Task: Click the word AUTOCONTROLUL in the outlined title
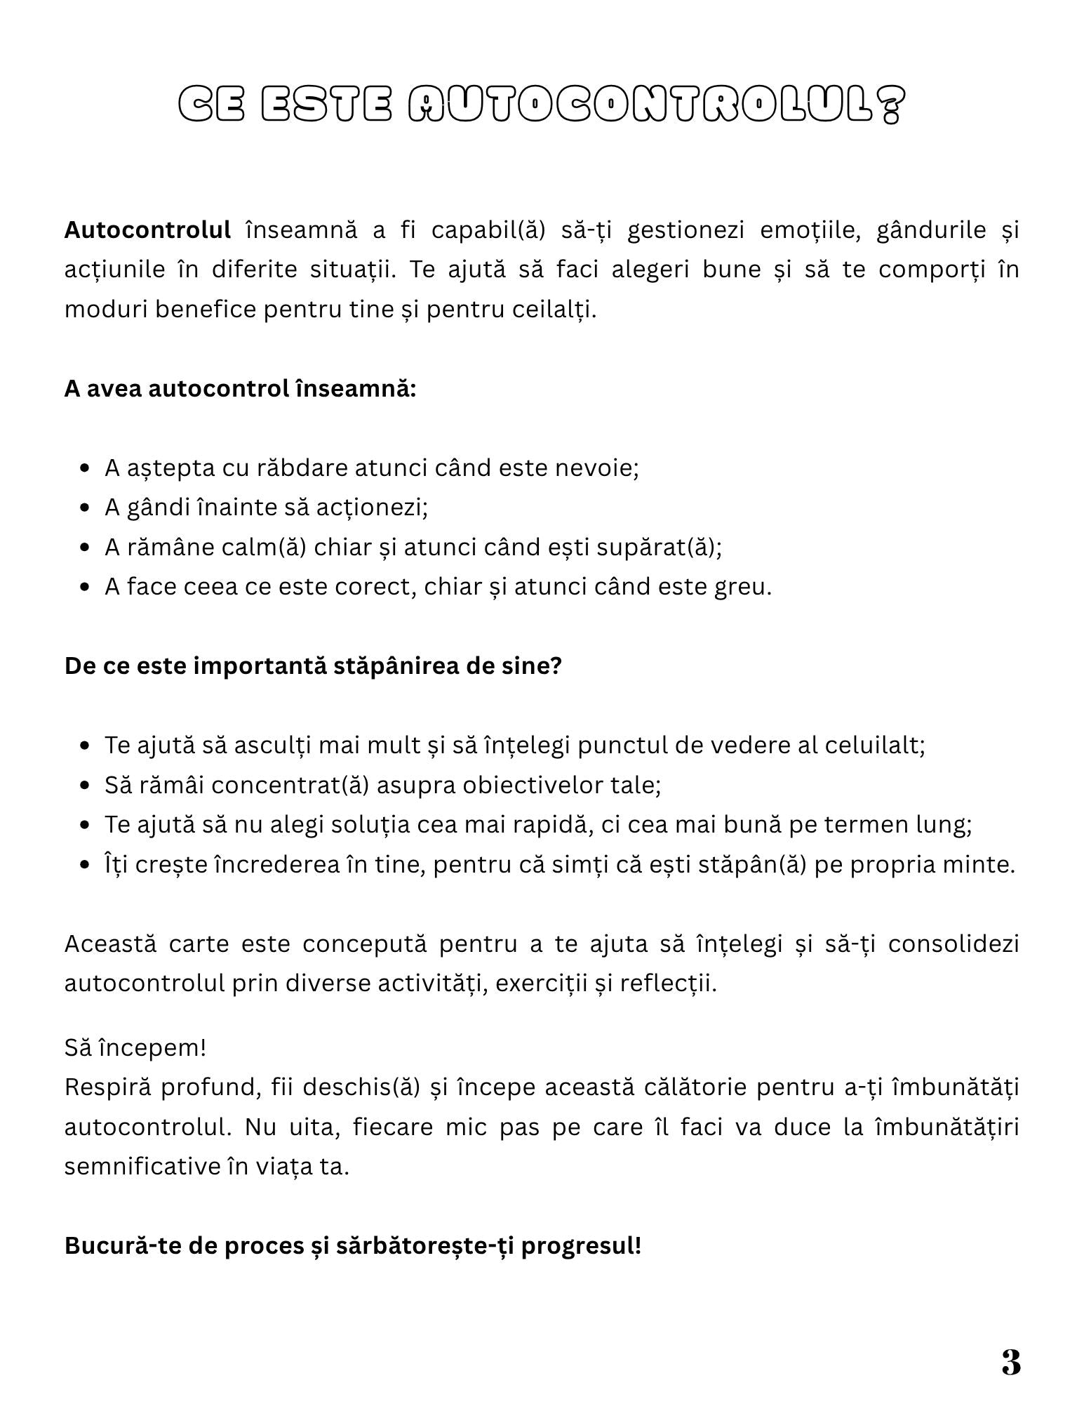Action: click(x=656, y=105)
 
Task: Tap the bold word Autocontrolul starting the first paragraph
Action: click(x=147, y=230)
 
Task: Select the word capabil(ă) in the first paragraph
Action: click(x=488, y=230)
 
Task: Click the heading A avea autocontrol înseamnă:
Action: click(x=240, y=388)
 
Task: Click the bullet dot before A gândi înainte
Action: click(x=85, y=508)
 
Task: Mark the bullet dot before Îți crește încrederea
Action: click(x=85, y=865)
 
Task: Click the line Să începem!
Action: click(x=135, y=1048)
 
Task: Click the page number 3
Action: click(x=1010, y=1363)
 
